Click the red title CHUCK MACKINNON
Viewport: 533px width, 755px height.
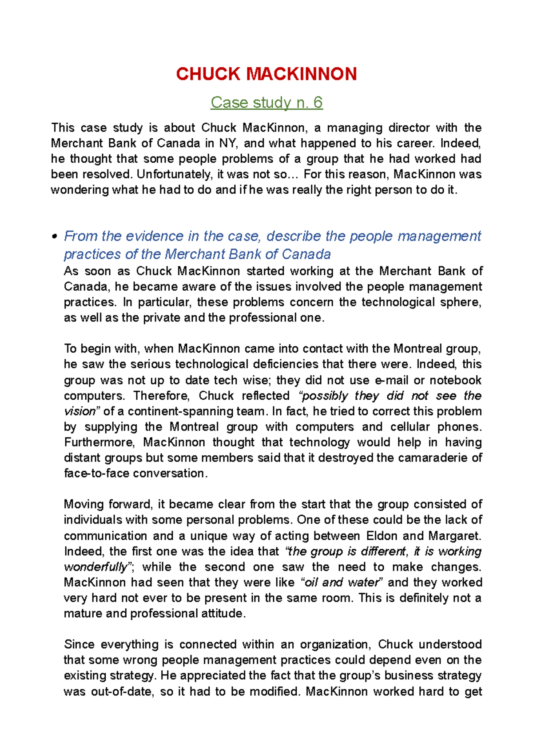click(266, 74)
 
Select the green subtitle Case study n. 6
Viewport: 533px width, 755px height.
click(266, 103)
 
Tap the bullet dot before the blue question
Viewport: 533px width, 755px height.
click(54, 237)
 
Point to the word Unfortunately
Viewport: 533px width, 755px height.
click(174, 174)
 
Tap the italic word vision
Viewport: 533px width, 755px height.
click(80, 411)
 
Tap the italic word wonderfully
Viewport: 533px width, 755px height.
click(95, 567)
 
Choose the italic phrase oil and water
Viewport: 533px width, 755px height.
click(342, 582)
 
